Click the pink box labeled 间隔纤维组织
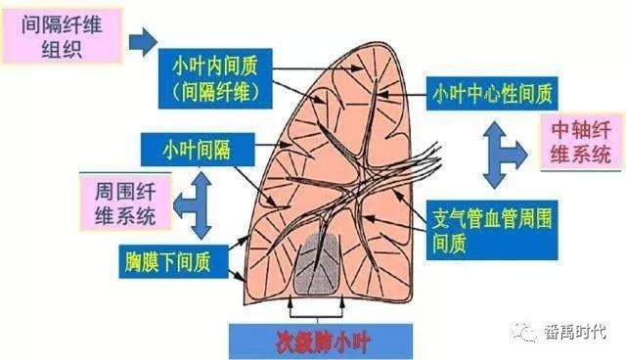(x=62, y=36)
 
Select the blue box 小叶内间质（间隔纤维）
(x=215, y=78)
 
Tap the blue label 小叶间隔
(x=198, y=150)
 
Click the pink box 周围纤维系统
(x=125, y=203)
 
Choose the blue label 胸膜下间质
(x=174, y=262)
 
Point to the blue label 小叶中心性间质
(x=492, y=93)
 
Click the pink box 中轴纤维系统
(x=581, y=142)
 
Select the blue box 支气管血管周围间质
(x=492, y=230)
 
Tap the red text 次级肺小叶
(x=323, y=342)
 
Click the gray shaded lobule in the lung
(x=318, y=264)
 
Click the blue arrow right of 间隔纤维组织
(x=143, y=42)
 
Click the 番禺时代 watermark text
(x=576, y=332)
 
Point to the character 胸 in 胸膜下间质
(x=133, y=262)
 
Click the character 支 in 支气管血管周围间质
(x=441, y=218)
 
